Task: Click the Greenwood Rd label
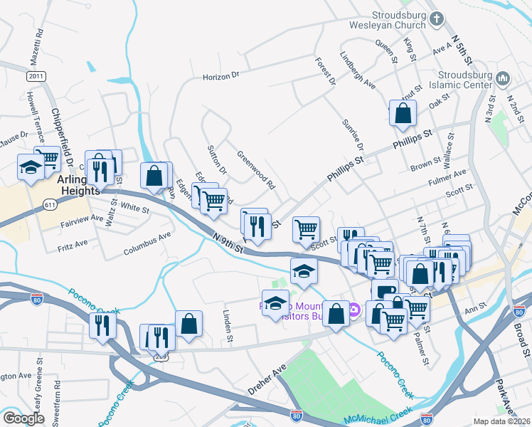coord(256,170)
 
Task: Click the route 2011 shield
coord(36,75)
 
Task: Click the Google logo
coord(23,418)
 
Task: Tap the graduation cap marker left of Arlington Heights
coord(31,167)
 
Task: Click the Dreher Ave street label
coord(266,379)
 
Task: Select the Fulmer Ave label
coord(447,176)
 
